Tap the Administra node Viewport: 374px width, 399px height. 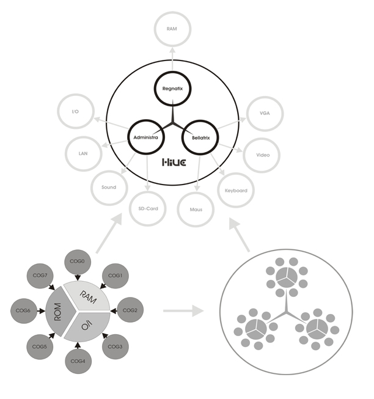145,137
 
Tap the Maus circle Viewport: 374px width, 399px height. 195,210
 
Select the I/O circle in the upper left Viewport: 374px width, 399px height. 75,112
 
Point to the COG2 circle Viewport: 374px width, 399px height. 130,310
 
